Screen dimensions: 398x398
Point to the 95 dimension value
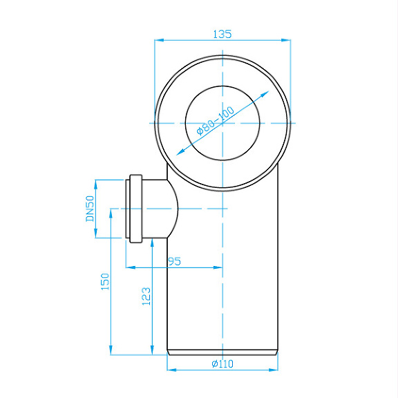coord(174,261)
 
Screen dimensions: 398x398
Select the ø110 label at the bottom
coord(222,363)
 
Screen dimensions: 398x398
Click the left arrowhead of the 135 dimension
coord(158,40)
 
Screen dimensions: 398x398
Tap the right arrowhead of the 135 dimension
coord(287,40)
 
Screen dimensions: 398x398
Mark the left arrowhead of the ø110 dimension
coord(171,370)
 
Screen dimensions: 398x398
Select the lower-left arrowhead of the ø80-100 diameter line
coord(179,153)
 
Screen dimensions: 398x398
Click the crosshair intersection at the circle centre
coord(222,123)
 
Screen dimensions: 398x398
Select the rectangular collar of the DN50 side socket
coord(135,208)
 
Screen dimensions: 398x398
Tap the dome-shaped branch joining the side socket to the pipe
coord(164,208)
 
